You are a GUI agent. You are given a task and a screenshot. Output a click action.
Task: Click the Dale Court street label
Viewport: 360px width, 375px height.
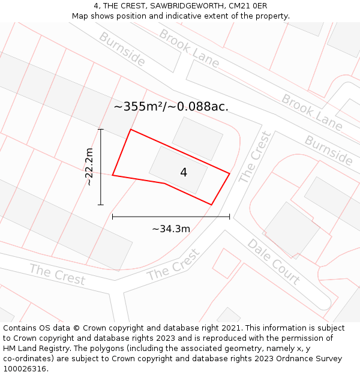click(x=274, y=262)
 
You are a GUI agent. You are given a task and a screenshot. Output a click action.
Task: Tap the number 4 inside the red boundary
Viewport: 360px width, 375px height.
click(x=184, y=173)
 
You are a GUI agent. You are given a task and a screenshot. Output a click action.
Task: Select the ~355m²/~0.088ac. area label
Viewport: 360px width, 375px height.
click(x=171, y=107)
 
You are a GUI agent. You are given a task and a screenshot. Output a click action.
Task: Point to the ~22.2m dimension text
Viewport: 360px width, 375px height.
click(x=89, y=167)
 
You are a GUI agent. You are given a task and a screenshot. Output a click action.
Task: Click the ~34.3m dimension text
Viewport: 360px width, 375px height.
click(x=171, y=229)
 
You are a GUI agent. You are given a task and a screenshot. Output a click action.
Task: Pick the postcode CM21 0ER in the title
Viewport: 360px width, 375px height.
click(x=248, y=6)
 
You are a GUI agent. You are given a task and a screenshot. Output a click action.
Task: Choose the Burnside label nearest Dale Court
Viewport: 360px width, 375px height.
click(x=328, y=150)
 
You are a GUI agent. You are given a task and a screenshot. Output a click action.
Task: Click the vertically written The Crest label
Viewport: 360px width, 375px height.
click(x=255, y=157)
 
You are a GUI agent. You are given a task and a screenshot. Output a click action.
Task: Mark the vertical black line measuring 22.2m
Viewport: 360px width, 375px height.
click(x=101, y=167)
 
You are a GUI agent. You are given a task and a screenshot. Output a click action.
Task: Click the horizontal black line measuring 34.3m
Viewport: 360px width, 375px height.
click(x=171, y=217)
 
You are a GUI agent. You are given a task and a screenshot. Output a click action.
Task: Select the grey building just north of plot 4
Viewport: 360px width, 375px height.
click(x=197, y=139)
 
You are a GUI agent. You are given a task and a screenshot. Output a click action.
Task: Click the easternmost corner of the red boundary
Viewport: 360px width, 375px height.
click(x=230, y=174)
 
